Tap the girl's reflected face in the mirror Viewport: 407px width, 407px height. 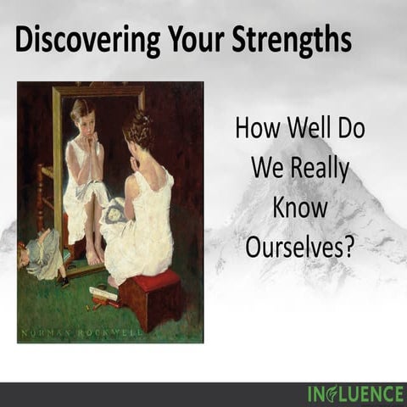(82, 115)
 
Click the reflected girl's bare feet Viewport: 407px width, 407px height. (92, 255)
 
